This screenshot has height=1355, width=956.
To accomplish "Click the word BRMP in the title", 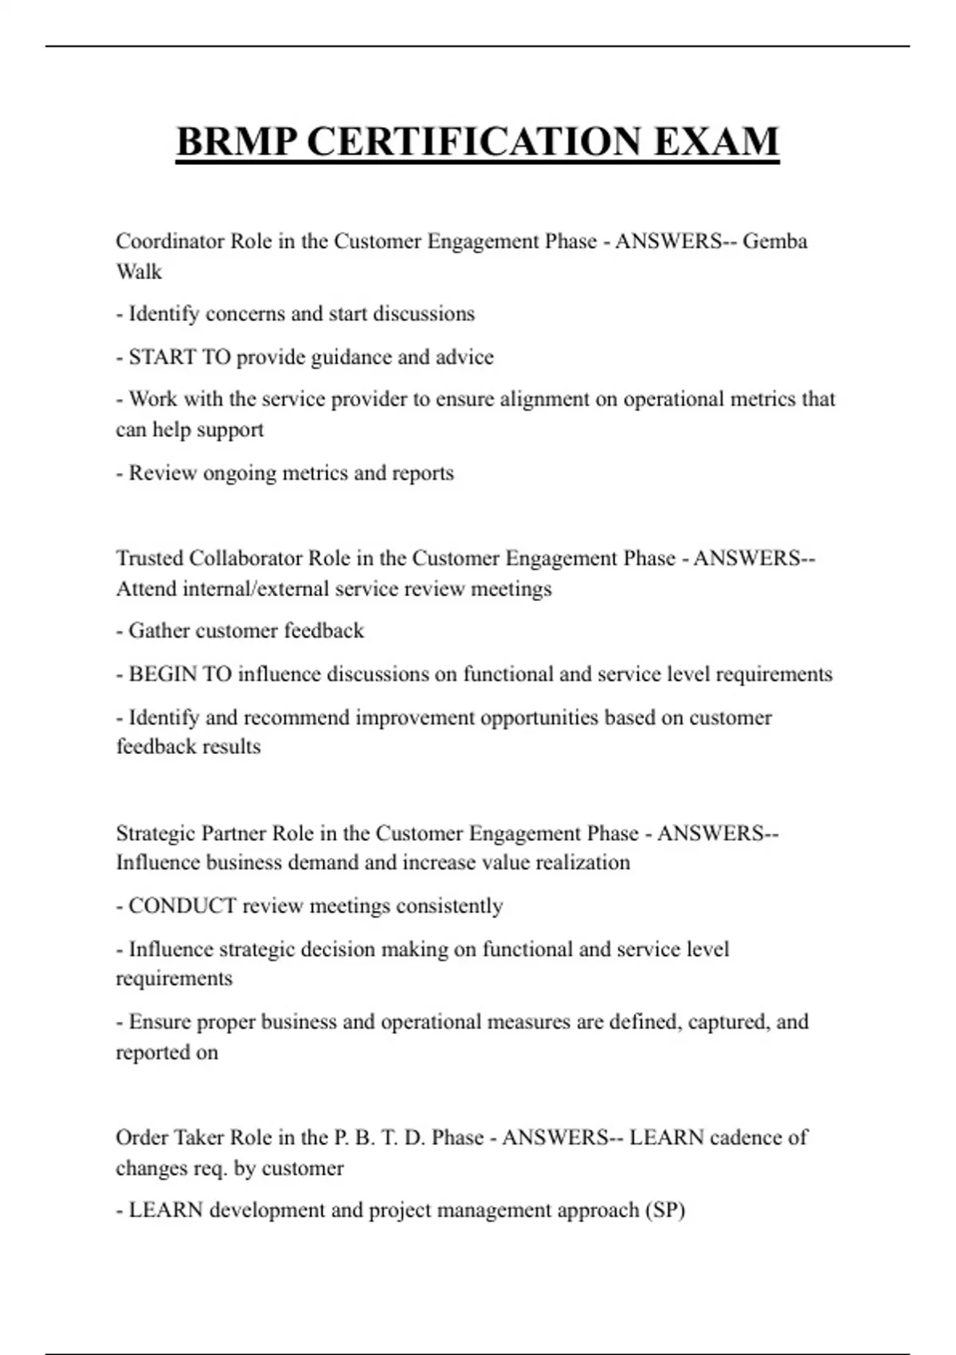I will (237, 142).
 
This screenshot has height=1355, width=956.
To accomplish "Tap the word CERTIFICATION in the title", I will (474, 142).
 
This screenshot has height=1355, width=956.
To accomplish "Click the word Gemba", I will (774, 241).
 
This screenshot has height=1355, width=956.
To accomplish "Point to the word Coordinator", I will (170, 241).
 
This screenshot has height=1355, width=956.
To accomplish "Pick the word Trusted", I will (149, 558).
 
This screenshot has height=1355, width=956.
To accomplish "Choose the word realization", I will (582, 862).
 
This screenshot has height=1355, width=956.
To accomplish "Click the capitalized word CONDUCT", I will (182, 906).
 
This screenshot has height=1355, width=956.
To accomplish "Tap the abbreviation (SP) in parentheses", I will (664, 1210).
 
